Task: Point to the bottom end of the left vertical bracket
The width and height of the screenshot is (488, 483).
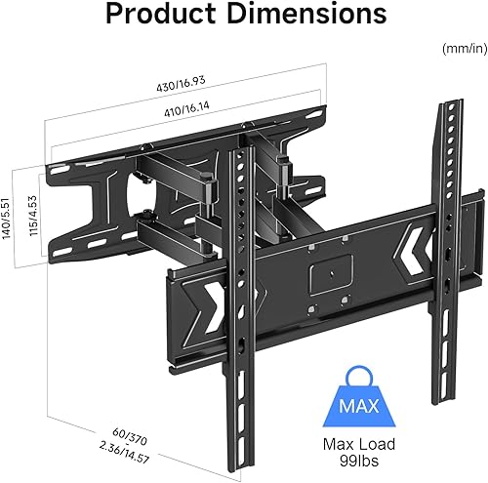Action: coord(238,420)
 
